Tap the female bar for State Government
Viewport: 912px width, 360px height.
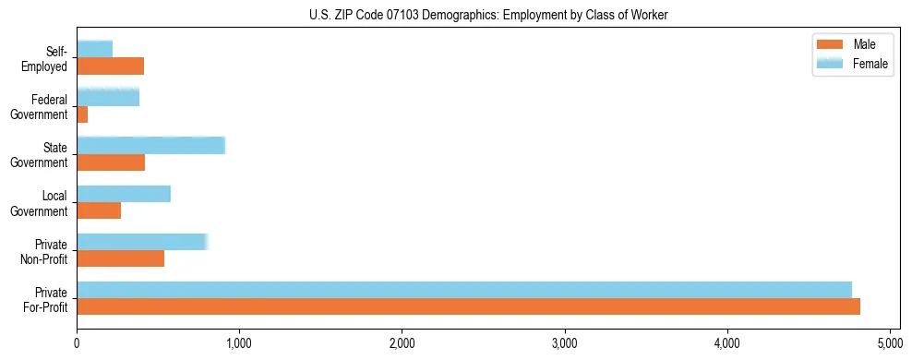(x=150, y=145)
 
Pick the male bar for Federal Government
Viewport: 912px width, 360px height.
(x=82, y=114)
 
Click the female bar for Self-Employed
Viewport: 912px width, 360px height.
(x=95, y=49)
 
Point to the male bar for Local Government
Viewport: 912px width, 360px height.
(x=99, y=210)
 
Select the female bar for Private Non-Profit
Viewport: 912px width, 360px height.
(x=142, y=242)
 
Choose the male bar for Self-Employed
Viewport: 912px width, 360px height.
(x=111, y=66)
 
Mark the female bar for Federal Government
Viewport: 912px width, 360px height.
(x=108, y=97)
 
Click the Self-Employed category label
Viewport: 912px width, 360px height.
(x=46, y=59)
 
